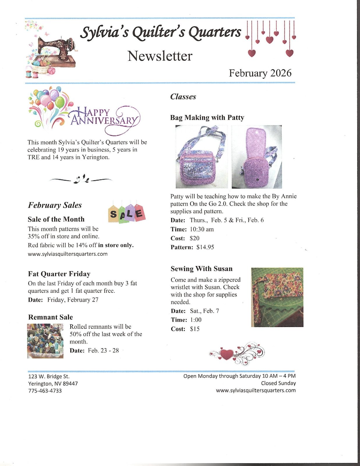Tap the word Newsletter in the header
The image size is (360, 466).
(160, 56)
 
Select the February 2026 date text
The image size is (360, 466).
(260, 73)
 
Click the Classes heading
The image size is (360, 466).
(183, 97)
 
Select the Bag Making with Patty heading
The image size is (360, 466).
(207, 118)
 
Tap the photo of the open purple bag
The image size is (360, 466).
(257, 157)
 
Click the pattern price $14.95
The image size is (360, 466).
(205, 247)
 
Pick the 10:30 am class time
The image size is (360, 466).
(202, 229)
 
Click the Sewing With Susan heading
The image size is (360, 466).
(202, 269)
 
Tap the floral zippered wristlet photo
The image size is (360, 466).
(277, 297)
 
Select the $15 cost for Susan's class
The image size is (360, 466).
(195, 329)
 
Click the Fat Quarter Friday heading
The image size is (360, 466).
(59, 274)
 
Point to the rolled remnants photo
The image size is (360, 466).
(45, 341)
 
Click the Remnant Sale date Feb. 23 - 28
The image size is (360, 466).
(103, 350)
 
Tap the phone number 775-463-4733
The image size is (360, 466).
(45, 391)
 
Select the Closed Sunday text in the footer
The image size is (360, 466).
(278, 383)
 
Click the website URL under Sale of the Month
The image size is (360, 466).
(68, 254)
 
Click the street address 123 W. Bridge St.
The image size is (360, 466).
(49, 376)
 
